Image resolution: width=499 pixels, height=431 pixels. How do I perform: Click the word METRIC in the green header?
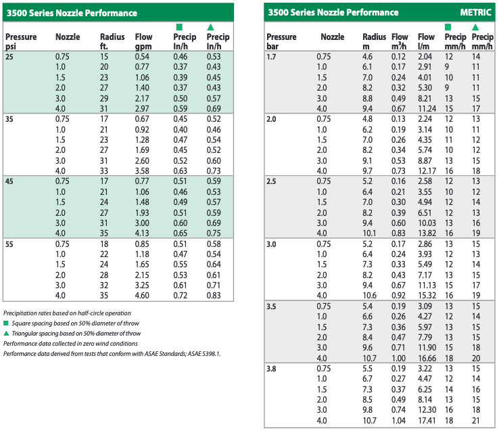tap(475, 12)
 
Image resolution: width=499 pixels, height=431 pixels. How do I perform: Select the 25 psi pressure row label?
tap(9, 57)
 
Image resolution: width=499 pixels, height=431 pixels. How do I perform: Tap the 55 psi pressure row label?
tap(9, 244)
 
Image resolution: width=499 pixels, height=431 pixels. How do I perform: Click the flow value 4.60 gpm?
tap(142, 296)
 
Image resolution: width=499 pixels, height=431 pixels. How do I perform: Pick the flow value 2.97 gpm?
tap(142, 109)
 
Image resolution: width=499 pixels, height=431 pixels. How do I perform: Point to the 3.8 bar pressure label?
tap(271, 369)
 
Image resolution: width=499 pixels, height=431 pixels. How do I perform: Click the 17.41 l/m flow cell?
tap(427, 420)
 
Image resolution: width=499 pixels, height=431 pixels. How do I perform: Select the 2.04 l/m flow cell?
tap(425, 57)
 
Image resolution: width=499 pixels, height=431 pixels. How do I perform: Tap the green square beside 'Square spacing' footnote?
tap(5, 323)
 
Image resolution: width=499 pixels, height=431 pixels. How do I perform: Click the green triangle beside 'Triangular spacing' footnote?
tap(6, 333)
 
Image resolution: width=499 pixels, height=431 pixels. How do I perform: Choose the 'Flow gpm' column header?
tap(143, 41)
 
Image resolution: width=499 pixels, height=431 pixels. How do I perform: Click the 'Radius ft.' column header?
tap(112, 41)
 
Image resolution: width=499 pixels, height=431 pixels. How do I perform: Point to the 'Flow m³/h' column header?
tap(400, 41)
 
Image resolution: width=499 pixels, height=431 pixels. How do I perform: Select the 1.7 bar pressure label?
tap(271, 57)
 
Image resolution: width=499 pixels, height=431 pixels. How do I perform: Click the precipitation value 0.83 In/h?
tap(214, 296)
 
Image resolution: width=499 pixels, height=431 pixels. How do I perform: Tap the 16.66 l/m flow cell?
tap(427, 359)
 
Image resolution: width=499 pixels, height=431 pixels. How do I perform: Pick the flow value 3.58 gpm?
tap(142, 171)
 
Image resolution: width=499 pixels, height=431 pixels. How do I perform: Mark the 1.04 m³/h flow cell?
tap(398, 420)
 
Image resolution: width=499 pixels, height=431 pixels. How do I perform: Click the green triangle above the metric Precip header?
tap(475, 27)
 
